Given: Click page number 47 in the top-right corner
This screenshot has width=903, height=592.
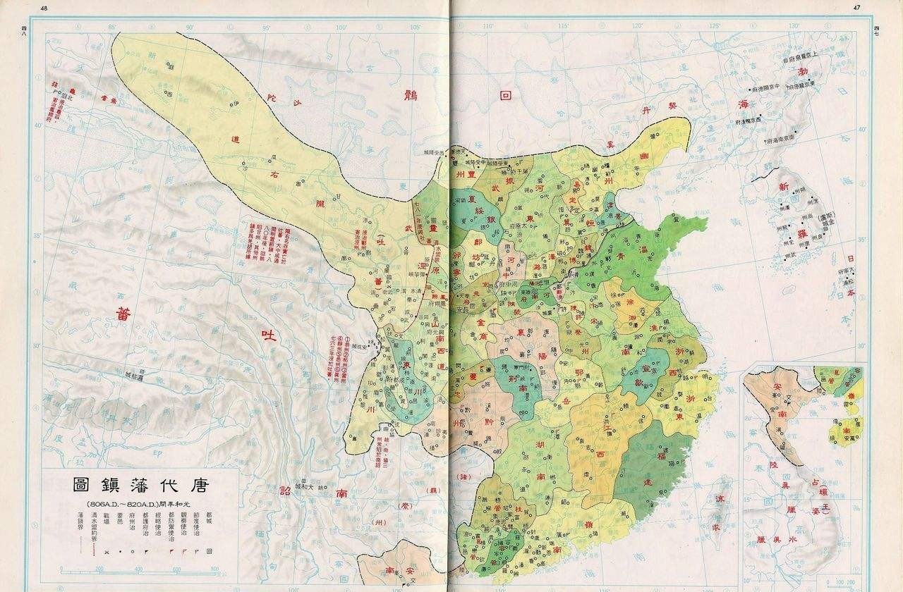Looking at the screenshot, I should coord(857,8).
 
